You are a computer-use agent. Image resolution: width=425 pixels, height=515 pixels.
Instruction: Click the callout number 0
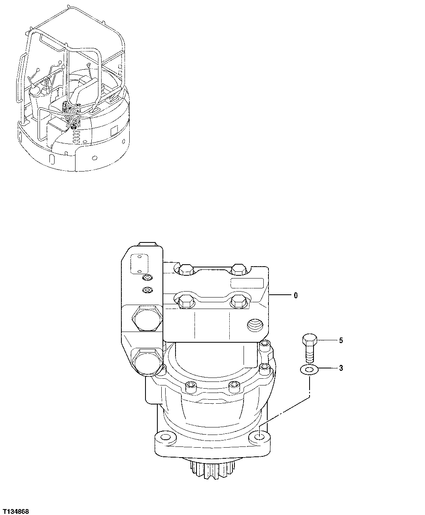(x=296, y=295)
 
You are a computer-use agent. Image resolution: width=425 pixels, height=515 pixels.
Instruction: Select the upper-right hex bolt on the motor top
(x=238, y=269)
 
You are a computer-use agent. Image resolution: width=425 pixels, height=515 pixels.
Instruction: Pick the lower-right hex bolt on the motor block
(x=238, y=302)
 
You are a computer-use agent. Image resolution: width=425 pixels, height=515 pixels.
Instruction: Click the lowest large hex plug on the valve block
(x=147, y=361)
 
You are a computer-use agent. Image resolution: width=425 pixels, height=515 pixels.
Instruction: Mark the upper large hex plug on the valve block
(x=147, y=318)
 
